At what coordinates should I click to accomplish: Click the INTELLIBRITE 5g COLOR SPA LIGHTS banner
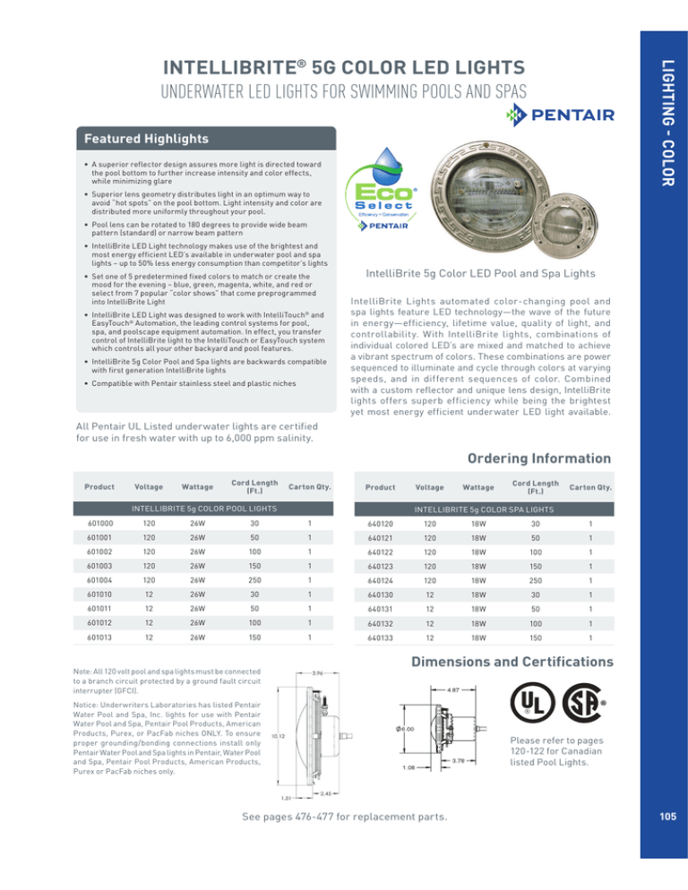click(483, 509)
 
